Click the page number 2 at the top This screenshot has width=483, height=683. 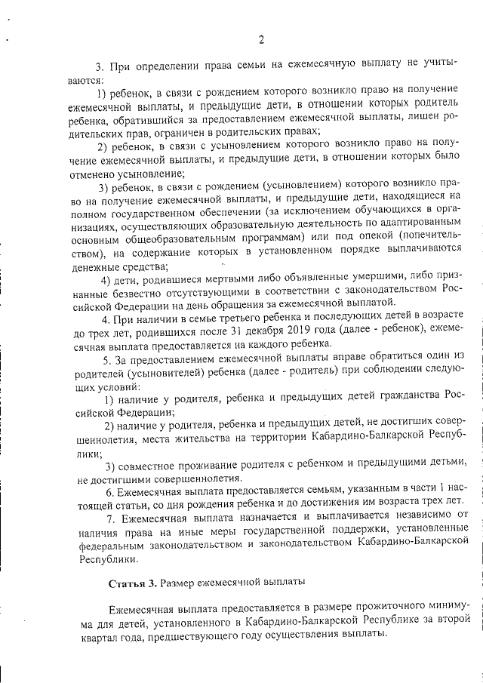pos(260,40)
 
